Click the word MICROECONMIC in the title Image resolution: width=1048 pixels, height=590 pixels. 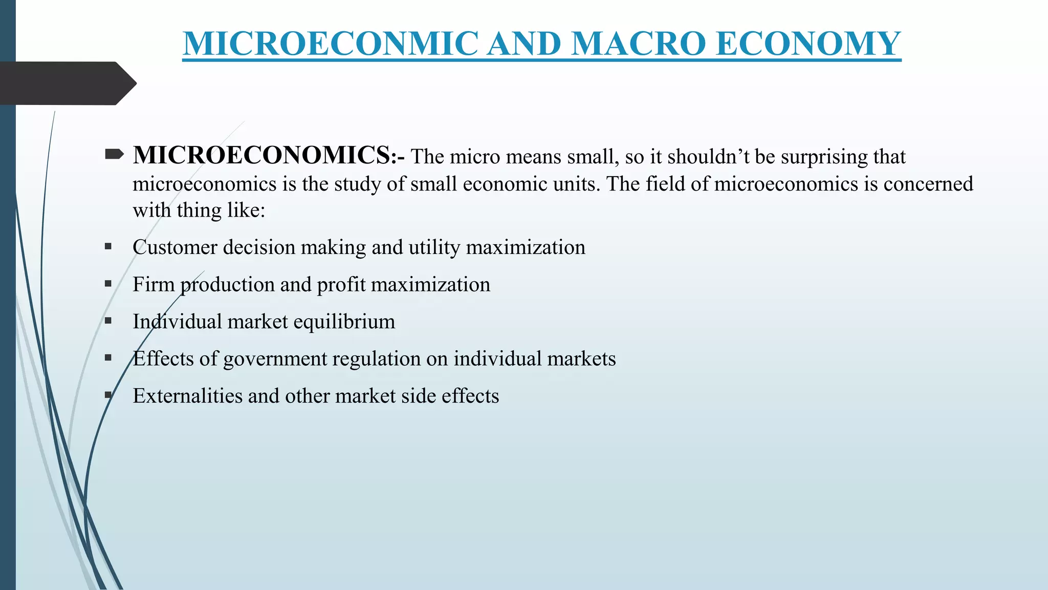[x=331, y=44]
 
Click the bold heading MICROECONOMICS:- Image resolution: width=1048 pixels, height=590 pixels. [x=269, y=155]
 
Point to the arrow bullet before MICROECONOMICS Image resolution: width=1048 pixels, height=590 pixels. [x=114, y=154]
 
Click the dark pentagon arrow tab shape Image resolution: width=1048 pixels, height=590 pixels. [x=67, y=83]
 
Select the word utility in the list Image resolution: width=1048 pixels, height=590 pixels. [x=434, y=247]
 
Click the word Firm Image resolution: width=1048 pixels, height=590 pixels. [x=154, y=285]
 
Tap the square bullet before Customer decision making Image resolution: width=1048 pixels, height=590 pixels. [x=108, y=246]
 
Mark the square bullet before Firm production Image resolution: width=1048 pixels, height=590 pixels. [x=108, y=284]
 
